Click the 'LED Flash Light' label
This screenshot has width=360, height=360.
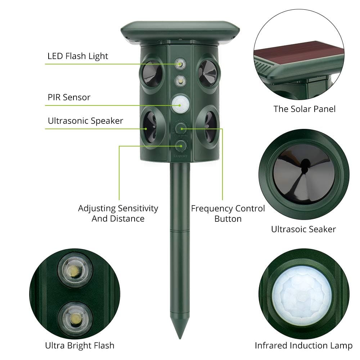pos(78,56)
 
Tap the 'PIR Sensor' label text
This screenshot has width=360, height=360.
pos(69,97)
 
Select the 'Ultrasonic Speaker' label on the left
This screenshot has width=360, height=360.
pos(85,121)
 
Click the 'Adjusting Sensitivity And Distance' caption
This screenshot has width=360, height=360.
pos(118,213)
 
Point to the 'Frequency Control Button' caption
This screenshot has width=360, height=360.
pos(228,213)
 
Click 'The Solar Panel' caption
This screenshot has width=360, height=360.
pos(304,109)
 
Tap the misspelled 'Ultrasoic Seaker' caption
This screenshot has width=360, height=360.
pos(303,229)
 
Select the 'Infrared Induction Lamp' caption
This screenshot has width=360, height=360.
pos(303,346)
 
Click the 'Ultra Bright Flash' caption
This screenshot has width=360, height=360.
pos(80,346)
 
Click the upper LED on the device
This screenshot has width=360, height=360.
pos(179,64)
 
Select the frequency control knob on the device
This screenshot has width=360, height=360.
pos(179,128)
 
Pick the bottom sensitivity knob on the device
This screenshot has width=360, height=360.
pos(179,146)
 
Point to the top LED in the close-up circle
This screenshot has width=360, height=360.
pos(75,270)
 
